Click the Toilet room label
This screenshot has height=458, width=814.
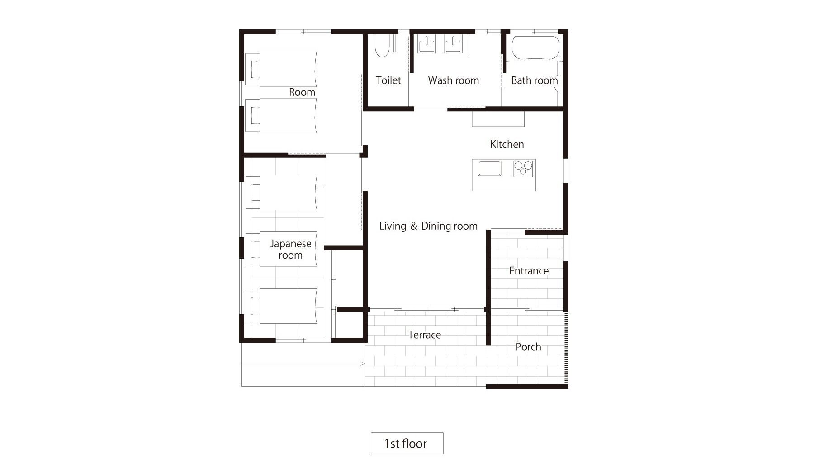[388, 80]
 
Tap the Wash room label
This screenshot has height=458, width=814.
[453, 80]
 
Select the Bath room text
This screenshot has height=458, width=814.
[534, 80]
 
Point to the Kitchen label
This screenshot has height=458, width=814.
[507, 144]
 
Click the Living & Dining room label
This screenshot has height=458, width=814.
[428, 226]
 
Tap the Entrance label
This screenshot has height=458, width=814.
[529, 271]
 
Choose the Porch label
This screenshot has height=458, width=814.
[528, 347]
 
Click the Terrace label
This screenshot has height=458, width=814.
[424, 335]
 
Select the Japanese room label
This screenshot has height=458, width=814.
[290, 250]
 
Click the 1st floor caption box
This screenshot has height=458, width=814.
[407, 443]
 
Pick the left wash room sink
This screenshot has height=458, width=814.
[426, 45]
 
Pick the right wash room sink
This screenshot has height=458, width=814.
[453, 45]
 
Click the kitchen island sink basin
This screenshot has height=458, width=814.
[490, 168]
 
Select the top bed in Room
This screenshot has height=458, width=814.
[281, 69]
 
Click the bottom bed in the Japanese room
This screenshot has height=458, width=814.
[281, 306]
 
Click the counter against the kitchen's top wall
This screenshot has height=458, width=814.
[498, 118]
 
